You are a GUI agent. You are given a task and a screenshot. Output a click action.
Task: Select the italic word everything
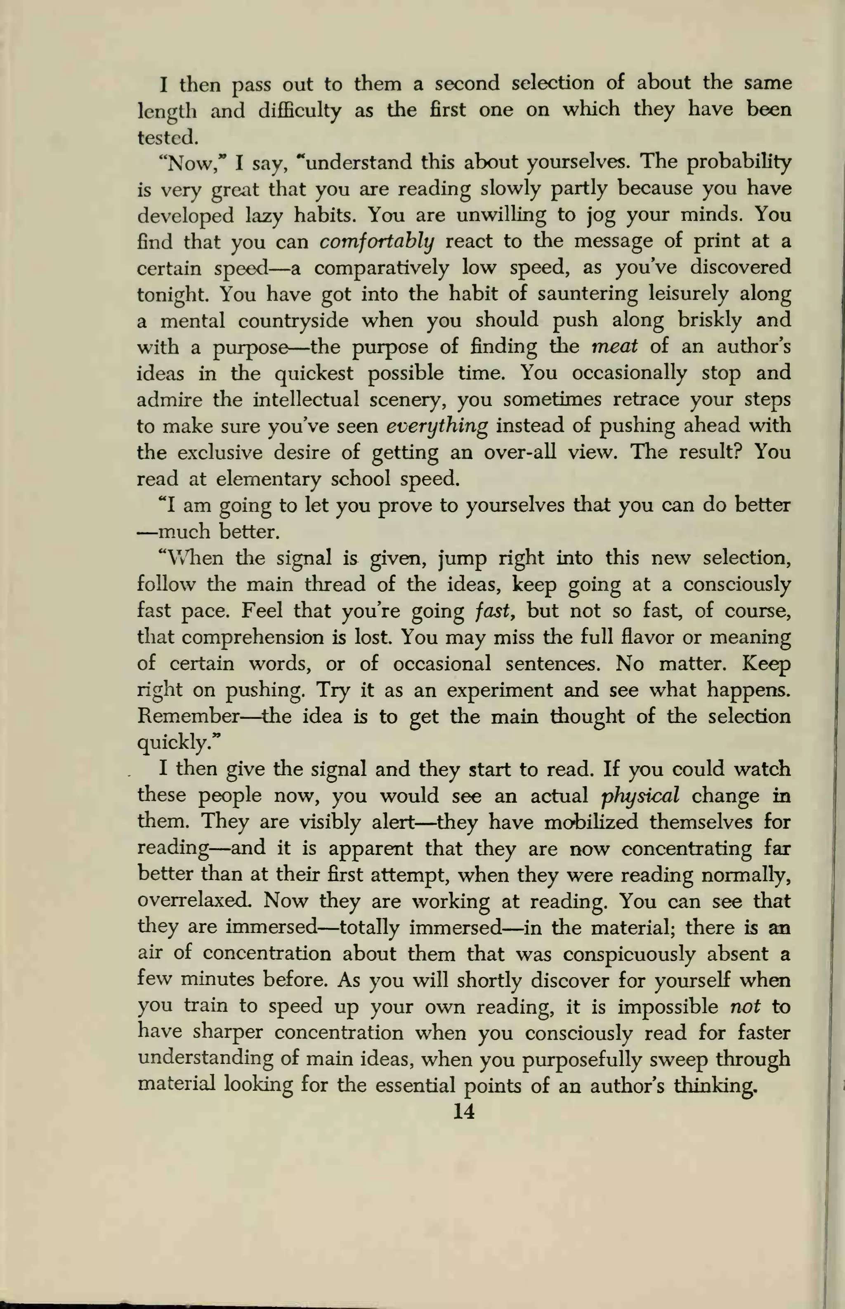coord(437,426)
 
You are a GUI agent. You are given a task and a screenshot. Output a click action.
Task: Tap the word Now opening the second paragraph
coord(185,163)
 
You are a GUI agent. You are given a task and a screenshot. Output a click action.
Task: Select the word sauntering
coord(587,294)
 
